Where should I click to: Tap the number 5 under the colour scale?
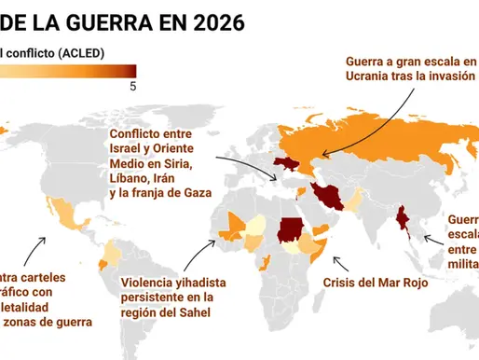coord(132,87)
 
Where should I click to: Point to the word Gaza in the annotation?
coord(192,193)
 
